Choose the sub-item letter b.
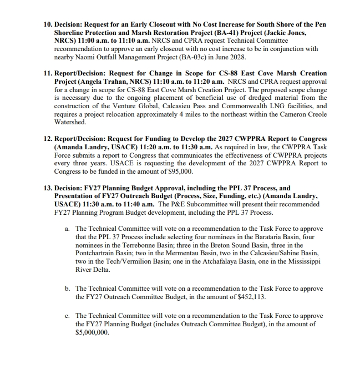(x=67, y=289)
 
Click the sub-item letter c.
(x=67, y=315)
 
